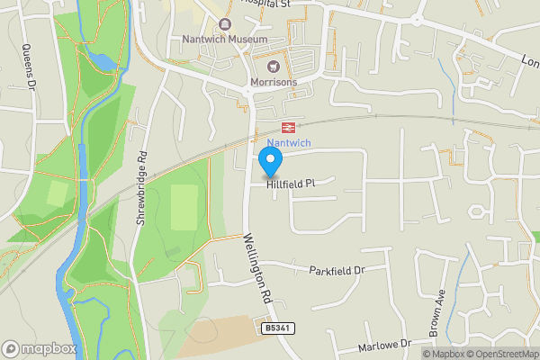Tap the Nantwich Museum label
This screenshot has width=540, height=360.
point(224,40)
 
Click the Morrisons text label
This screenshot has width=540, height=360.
point(274,82)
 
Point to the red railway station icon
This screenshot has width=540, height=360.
point(290,128)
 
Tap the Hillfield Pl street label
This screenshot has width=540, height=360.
point(290,184)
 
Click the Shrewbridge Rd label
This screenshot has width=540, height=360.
point(142,193)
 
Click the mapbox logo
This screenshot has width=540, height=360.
point(38,348)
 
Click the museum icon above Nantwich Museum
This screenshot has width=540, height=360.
point(224,25)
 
